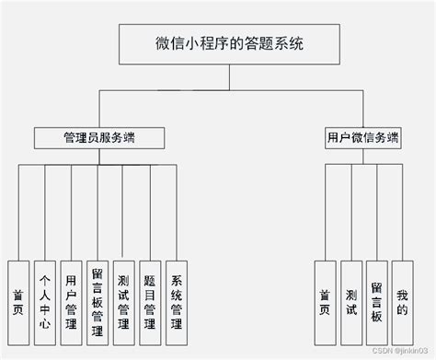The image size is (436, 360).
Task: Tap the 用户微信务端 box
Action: (362, 138)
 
